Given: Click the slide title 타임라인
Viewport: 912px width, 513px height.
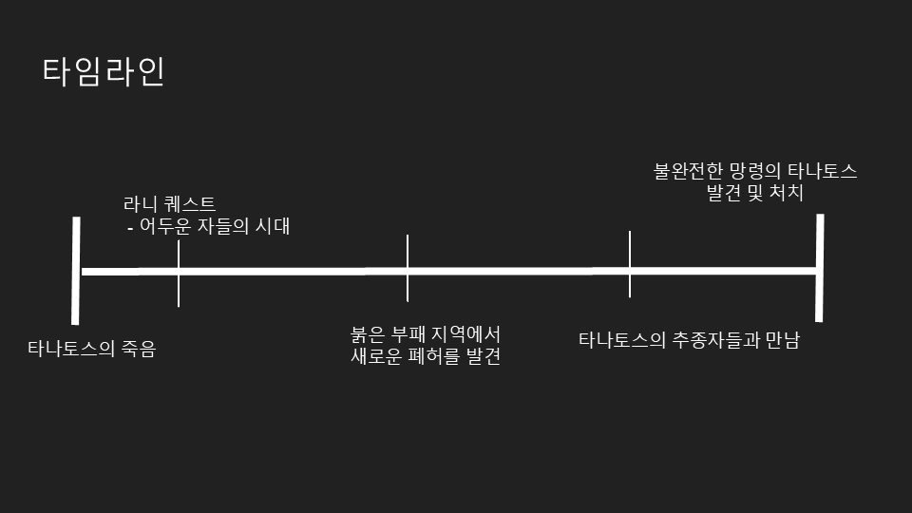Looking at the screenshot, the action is click(104, 72).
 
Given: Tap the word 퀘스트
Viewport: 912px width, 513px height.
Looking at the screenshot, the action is click(192, 203).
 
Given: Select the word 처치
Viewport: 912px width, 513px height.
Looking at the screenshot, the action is click(788, 193).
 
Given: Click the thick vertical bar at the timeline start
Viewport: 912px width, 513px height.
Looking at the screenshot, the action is click(75, 271).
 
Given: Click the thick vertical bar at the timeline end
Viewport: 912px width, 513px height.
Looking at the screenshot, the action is click(819, 268).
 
